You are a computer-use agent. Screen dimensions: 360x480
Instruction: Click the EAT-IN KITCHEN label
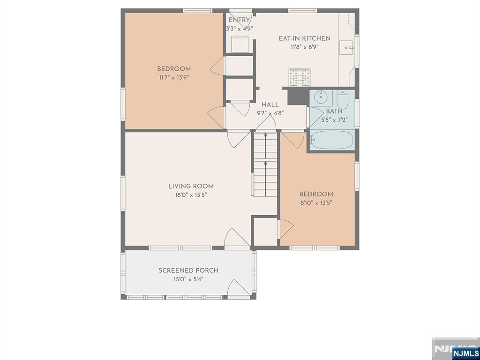[x=304, y=38]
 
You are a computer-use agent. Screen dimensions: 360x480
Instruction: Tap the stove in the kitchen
[x=299, y=78]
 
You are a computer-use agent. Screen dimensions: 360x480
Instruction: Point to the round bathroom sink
[x=321, y=97]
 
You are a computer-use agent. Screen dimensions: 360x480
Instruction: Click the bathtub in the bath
[x=331, y=140]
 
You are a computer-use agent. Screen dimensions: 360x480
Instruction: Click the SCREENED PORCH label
[x=188, y=270]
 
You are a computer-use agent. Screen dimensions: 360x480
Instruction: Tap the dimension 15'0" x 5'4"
[x=188, y=279]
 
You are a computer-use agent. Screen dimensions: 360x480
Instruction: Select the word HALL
[x=270, y=105]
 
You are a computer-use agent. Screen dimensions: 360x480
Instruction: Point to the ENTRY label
[x=239, y=20]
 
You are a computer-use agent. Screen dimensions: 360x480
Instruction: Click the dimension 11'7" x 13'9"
[x=174, y=77]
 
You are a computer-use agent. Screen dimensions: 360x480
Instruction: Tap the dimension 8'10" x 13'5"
[x=316, y=203]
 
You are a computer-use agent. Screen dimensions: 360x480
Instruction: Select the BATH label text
[x=334, y=112]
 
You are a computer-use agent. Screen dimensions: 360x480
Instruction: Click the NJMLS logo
[x=465, y=352]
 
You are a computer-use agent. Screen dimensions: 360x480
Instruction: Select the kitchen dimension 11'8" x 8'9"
[x=304, y=47]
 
